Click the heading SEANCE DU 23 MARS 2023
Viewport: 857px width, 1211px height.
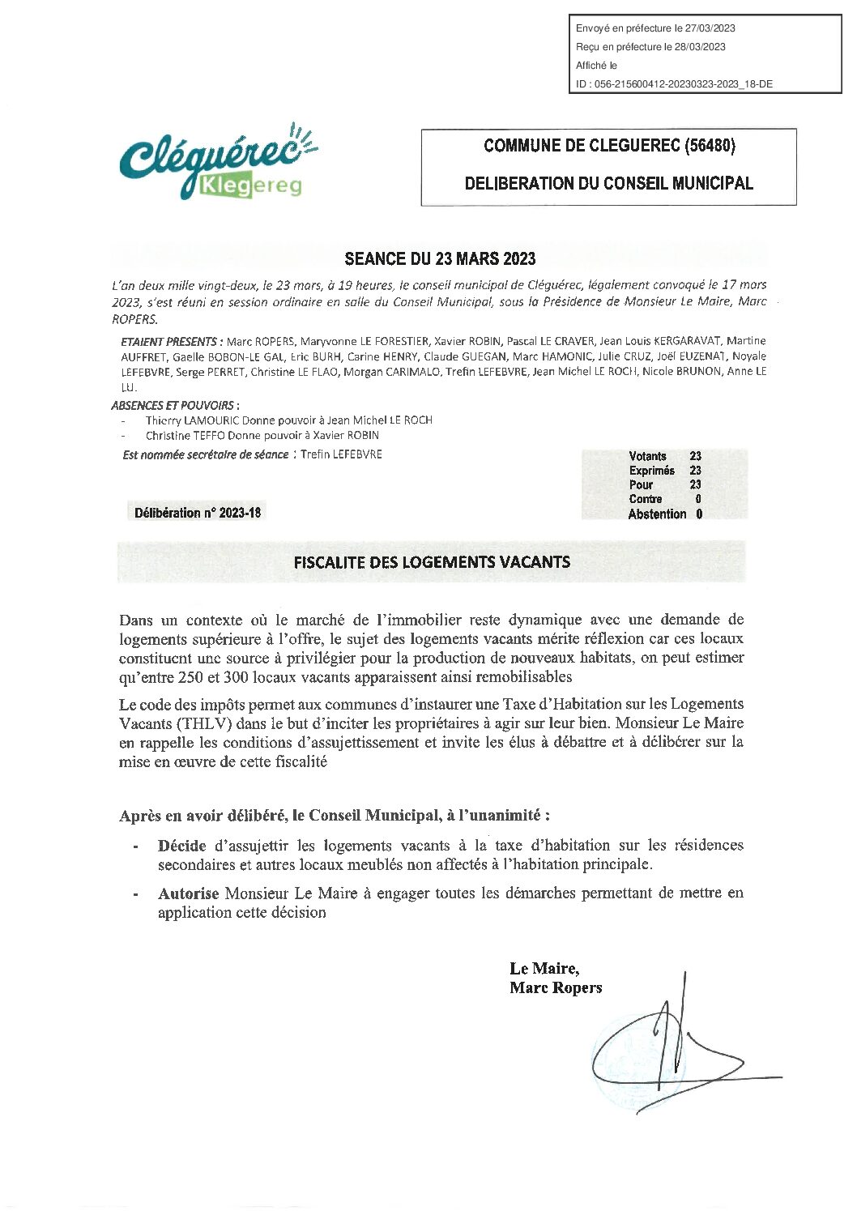point(440,259)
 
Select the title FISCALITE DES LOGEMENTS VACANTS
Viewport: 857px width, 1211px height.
point(432,562)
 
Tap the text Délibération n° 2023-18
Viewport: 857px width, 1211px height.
point(198,513)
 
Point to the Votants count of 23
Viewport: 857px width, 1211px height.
point(695,456)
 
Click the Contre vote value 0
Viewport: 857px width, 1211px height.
point(698,499)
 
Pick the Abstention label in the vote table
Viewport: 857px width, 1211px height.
point(657,514)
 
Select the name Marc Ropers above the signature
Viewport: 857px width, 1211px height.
point(556,988)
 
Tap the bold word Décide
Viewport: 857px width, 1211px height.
point(181,846)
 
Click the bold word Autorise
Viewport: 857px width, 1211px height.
point(188,893)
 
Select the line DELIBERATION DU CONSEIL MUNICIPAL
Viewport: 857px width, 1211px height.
point(608,184)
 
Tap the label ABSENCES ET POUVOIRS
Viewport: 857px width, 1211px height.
point(173,405)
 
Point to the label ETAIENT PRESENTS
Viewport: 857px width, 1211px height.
point(168,342)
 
